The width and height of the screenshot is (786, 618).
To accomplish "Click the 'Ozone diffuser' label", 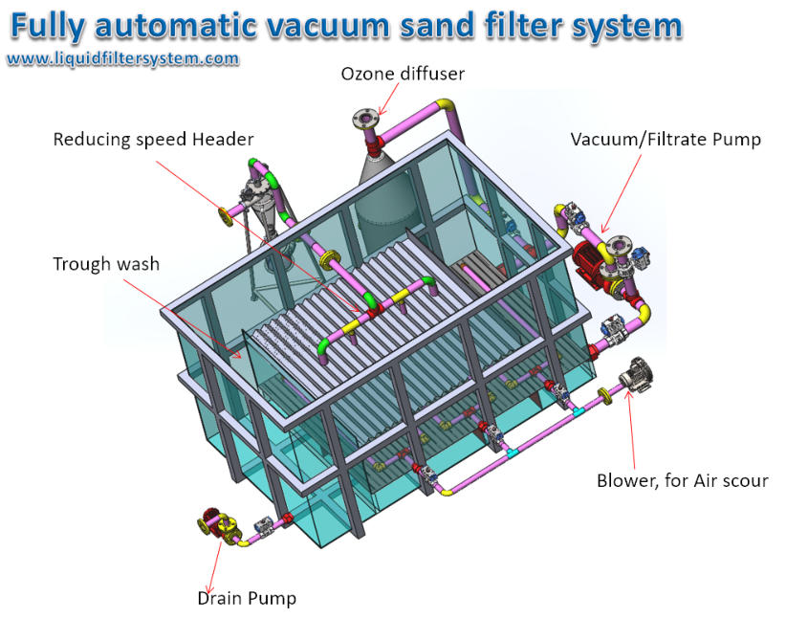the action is pyautogui.click(x=403, y=74).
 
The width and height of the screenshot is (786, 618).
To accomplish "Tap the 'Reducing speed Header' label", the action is pyautogui.click(x=153, y=140).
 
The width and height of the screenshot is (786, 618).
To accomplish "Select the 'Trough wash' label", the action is pyautogui.click(x=106, y=264).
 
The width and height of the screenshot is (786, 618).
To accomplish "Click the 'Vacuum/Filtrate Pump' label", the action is pyautogui.click(x=666, y=140).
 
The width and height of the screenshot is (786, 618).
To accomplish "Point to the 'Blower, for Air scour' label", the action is pyautogui.click(x=682, y=480).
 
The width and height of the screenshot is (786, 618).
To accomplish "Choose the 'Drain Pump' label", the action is pyautogui.click(x=247, y=598).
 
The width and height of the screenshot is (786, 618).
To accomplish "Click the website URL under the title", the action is pyautogui.click(x=122, y=58).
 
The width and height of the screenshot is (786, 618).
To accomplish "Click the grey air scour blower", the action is pyautogui.click(x=633, y=374).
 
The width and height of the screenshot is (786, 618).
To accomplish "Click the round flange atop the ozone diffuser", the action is pyautogui.click(x=364, y=119).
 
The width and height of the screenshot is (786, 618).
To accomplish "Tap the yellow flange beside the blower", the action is pyautogui.click(x=606, y=396).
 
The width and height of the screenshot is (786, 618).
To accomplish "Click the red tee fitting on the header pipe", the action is pyautogui.click(x=375, y=312).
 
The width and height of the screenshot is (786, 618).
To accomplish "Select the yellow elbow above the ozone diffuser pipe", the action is pyautogui.click(x=446, y=106).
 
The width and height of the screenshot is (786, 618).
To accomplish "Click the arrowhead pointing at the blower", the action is pyautogui.click(x=628, y=393).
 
